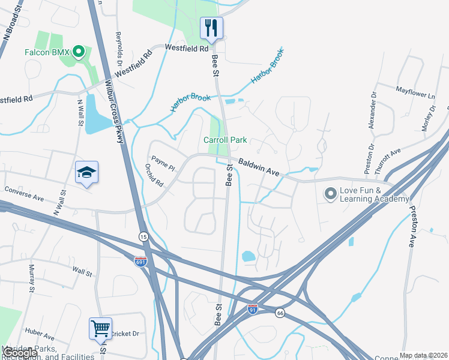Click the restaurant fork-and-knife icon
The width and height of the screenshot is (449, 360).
point(211,28)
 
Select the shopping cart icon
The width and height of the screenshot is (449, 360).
point(100,328)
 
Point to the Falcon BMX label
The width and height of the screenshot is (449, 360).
point(47,52)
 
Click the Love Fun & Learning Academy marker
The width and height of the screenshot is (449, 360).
point(330,193)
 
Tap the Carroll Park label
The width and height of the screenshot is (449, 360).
point(225,140)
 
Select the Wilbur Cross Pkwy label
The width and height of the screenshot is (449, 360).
point(114,111)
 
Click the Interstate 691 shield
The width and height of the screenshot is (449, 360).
point(139,261)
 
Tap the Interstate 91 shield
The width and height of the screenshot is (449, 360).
point(253,309)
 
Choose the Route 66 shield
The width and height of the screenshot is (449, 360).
point(280,313)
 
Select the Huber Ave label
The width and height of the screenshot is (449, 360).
point(41,331)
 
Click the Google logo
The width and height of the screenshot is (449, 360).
point(20,353)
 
